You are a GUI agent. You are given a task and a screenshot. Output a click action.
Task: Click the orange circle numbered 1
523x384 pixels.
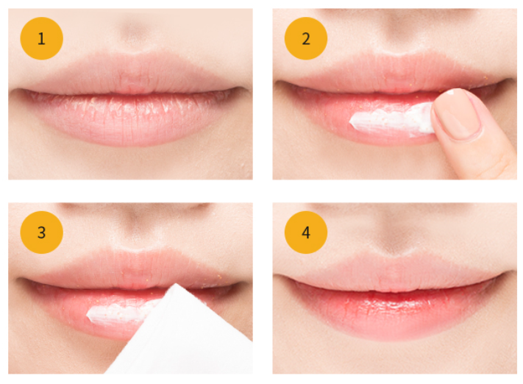[42, 38]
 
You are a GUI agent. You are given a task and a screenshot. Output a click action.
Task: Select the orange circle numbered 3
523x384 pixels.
[42, 232]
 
